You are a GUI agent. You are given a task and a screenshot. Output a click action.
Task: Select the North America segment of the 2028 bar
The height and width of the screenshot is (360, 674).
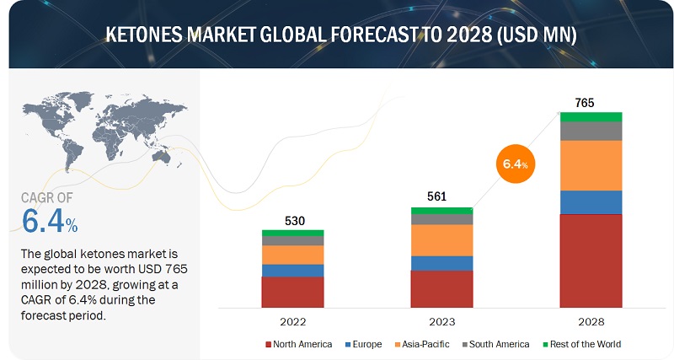pos(591,261)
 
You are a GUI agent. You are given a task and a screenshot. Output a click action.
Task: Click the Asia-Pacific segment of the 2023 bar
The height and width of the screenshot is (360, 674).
pos(441,240)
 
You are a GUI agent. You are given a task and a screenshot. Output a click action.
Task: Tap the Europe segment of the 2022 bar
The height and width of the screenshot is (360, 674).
pos(292,270)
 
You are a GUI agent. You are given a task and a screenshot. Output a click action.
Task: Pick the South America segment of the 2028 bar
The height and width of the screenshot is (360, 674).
pos(591,131)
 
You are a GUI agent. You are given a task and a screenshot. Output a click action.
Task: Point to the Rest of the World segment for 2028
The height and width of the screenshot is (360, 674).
pos(591,116)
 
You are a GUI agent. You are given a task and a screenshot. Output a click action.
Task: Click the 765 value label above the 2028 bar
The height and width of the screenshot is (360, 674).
pos(585,103)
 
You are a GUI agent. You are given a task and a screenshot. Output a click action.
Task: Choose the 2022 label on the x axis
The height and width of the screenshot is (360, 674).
pos(292,322)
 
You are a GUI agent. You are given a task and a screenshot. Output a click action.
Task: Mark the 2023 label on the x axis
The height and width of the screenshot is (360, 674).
pos(441,322)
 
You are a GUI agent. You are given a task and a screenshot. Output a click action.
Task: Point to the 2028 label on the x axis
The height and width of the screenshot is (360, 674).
pos(591,322)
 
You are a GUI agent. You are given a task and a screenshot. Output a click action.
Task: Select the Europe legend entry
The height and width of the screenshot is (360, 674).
pos(363,344)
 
